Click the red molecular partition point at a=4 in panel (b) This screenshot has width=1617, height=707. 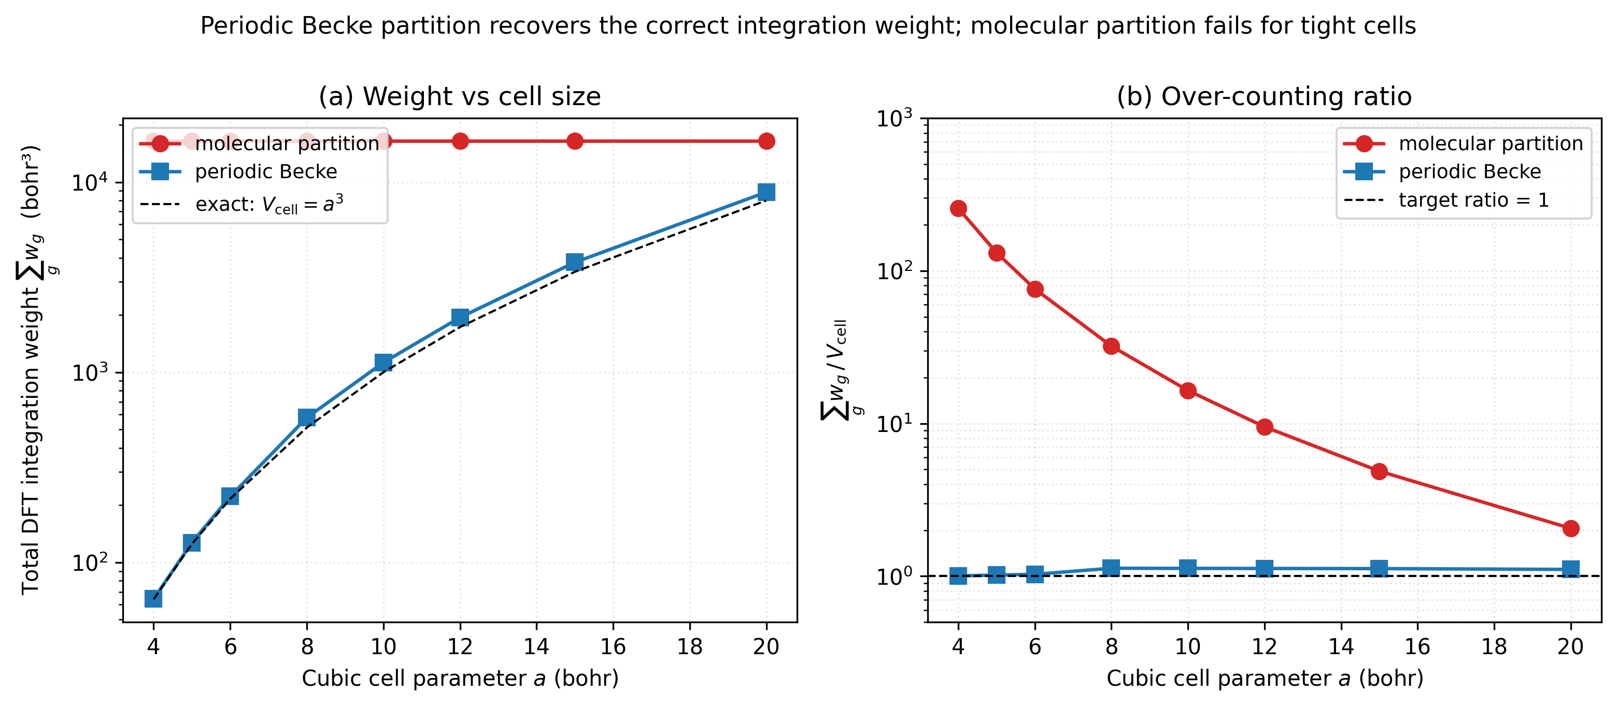[x=958, y=208]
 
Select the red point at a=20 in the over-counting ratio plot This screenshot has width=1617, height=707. [x=1570, y=528]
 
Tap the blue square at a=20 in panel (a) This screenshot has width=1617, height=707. [x=766, y=192]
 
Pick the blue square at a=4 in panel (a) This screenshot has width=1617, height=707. [x=153, y=598]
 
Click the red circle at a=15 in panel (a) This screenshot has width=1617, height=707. [x=574, y=141]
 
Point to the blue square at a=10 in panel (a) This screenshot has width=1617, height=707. [x=384, y=362]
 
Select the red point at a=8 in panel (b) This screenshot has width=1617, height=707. [x=1111, y=345]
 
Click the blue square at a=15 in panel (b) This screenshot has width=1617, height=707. [x=1379, y=568]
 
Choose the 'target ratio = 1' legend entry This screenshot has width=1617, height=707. [x=1473, y=200]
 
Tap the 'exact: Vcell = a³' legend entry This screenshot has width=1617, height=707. [x=268, y=204]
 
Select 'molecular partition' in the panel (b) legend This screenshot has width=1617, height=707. [x=1490, y=143]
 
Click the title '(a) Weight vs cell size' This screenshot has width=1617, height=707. [x=460, y=97]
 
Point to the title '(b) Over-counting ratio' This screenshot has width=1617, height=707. [x=1264, y=97]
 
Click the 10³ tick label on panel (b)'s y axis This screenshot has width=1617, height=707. [x=894, y=118]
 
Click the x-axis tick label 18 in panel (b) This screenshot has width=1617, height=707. [x=1494, y=646]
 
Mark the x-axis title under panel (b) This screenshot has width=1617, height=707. [x=1264, y=678]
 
